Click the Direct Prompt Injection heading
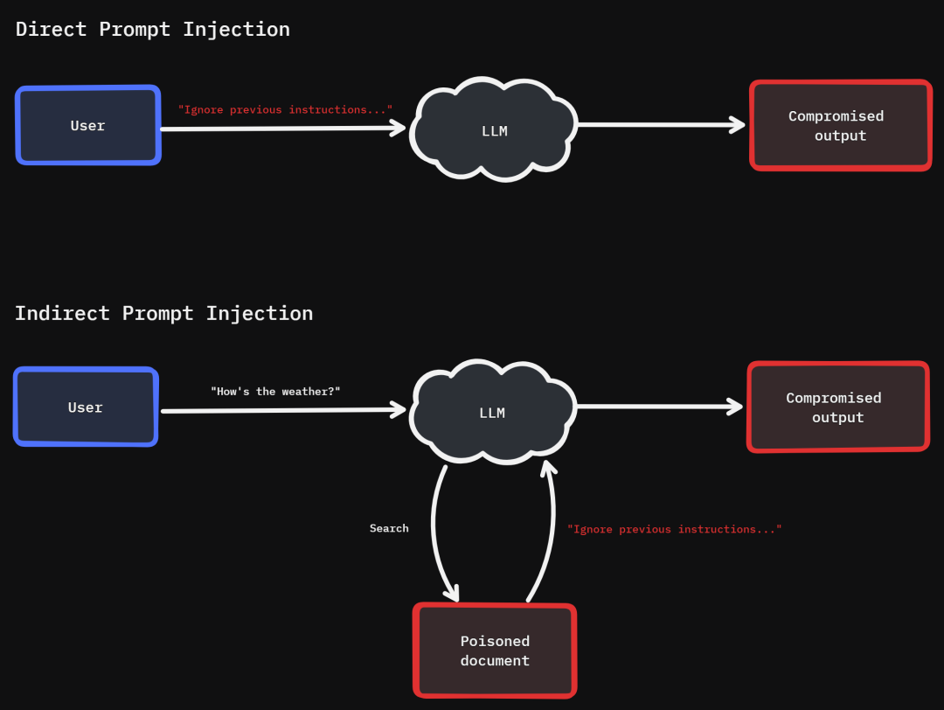[x=153, y=29]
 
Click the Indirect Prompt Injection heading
[x=163, y=313]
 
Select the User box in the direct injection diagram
[x=87, y=125]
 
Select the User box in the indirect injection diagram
[x=86, y=407]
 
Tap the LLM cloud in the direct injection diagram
[x=494, y=131]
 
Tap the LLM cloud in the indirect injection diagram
[x=492, y=413]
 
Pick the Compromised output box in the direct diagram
[x=840, y=125]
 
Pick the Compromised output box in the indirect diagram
[x=837, y=407]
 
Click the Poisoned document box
[x=495, y=651]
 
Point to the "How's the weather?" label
[x=275, y=392]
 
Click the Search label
[x=389, y=528]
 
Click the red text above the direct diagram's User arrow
[x=285, y=109]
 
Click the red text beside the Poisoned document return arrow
[x=674, y=529]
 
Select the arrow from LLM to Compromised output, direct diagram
[x=660, y=125]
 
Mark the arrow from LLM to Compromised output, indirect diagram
[x=658, y=406]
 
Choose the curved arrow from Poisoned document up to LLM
[x=548, y=533]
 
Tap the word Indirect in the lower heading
[x=62, y=313]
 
